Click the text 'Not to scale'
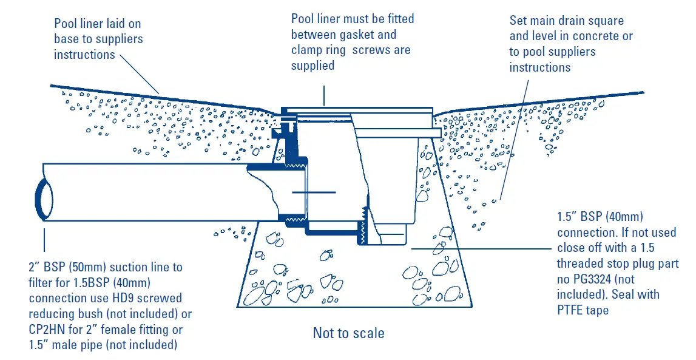tap(348, 333)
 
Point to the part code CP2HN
tap(46, 330)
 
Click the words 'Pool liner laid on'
tap(97, 24)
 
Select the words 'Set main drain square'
tap(566, 21)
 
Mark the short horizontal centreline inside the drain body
tap(313, 192)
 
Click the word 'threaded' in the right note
tap(585, 263)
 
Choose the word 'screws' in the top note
tap(370, 50)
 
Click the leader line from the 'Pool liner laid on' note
tap(139, 75)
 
